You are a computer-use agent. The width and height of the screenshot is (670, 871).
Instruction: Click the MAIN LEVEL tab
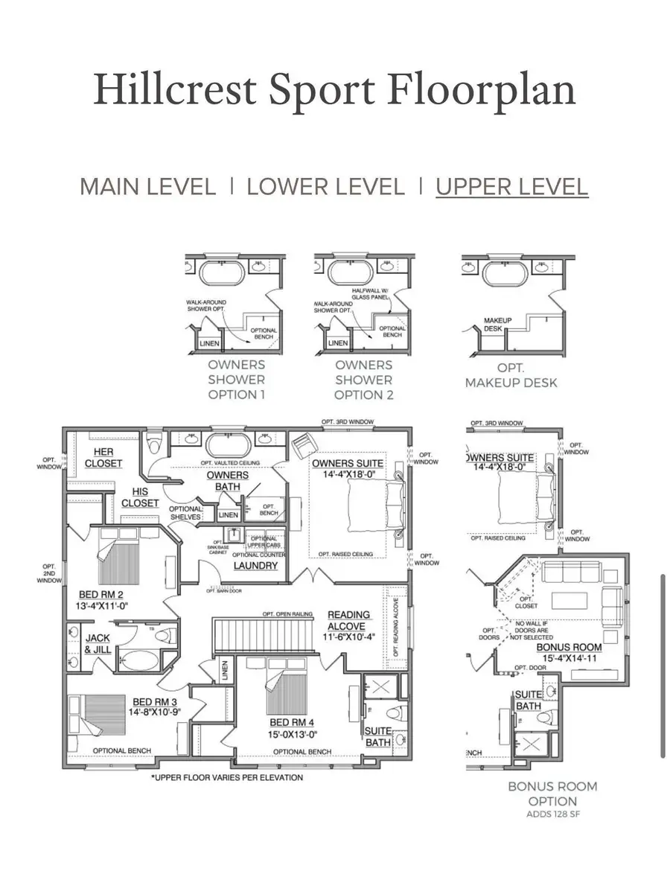click(x=147, y=187)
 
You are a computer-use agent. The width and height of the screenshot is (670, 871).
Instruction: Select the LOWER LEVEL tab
click(x=325, y=187)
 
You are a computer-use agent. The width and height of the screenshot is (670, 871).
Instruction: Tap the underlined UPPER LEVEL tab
click(x=512, y=187)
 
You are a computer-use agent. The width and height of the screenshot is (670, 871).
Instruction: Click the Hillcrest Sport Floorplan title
click(x=335, y=91)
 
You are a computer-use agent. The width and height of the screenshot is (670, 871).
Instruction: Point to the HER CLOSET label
click(x=103, y=458)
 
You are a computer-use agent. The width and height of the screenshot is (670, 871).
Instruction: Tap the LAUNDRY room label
click(x=255, y=566)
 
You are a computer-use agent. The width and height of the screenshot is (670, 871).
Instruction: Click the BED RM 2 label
click(x=101, y=601)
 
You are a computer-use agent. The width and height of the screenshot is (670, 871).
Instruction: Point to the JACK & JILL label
click(x=98, y=644)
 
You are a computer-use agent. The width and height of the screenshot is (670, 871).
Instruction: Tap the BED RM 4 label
click(x=292, y=727)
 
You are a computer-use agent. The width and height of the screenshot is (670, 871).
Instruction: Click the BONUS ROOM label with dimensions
click(x=569, y=653)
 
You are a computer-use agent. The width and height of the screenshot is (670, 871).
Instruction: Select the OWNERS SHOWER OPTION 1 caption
click(x=236, y=380)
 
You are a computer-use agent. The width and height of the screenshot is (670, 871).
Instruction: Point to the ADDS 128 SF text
click(x=552, y=814)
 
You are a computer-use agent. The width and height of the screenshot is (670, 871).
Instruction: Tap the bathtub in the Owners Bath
click(x=229, y=445)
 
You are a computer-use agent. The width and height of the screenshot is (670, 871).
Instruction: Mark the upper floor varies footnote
click(x=227, y=778)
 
